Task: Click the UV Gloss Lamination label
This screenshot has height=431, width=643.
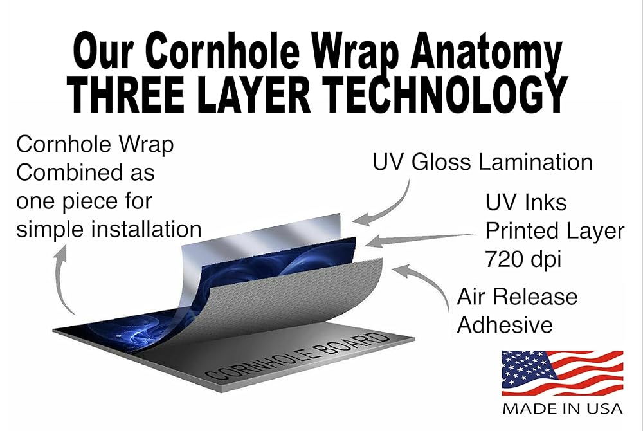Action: tap(483, 161)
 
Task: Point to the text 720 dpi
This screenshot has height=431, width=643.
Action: tap(523, 259)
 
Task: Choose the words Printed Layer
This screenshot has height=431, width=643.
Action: tap(554, 231)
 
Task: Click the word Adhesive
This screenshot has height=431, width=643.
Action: tap(505, 325)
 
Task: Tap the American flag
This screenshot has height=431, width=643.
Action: tap(563, 372)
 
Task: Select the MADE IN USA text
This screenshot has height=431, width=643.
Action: tap(563, 409)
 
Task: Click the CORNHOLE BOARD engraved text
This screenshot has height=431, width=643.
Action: tap(297, 356)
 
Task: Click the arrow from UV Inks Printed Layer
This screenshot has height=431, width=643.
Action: tap(421, 239)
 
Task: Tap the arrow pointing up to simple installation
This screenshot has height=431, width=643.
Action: tap(59, 279)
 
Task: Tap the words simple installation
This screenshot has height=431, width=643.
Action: tap(109, 229)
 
